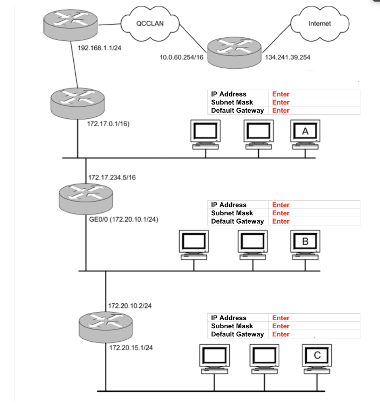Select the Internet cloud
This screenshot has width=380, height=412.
(319, 24)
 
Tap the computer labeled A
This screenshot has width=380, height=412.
(305, 132)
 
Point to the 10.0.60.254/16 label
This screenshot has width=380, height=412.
(181, 58)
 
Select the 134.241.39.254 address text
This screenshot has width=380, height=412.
(288, 58)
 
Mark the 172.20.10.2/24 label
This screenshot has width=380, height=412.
(130, 306)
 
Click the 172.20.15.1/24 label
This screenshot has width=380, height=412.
(131, 348)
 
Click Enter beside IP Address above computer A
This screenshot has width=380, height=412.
(281, 94)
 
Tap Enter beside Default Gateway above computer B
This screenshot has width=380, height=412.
(281, 221)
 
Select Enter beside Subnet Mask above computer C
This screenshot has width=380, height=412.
(281, 326)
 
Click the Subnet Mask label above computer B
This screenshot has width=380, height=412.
(232, 213)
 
